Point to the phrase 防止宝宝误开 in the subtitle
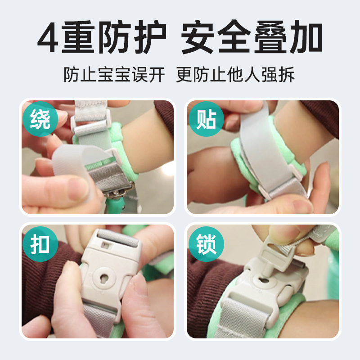[x=115, y=75]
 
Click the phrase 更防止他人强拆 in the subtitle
[x=235, y=75]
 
